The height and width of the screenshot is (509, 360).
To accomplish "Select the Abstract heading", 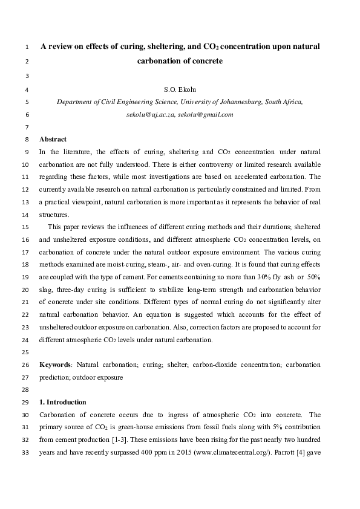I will tap(53, 139).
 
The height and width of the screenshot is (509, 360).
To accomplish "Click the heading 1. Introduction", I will tap(62, 402).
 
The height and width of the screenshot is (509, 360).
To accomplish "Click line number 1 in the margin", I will tap(28, 47).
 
